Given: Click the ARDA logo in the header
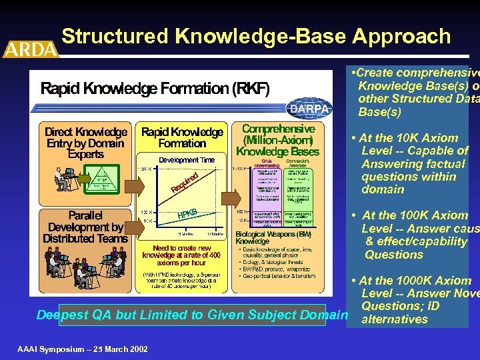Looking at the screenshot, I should (31, 48).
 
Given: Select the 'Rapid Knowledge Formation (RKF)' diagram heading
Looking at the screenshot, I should (155, 89).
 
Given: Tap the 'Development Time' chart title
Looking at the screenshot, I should (186, 160).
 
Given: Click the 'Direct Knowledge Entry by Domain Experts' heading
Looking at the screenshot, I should (85, 143).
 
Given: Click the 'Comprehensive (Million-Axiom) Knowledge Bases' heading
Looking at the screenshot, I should (278, 140).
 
